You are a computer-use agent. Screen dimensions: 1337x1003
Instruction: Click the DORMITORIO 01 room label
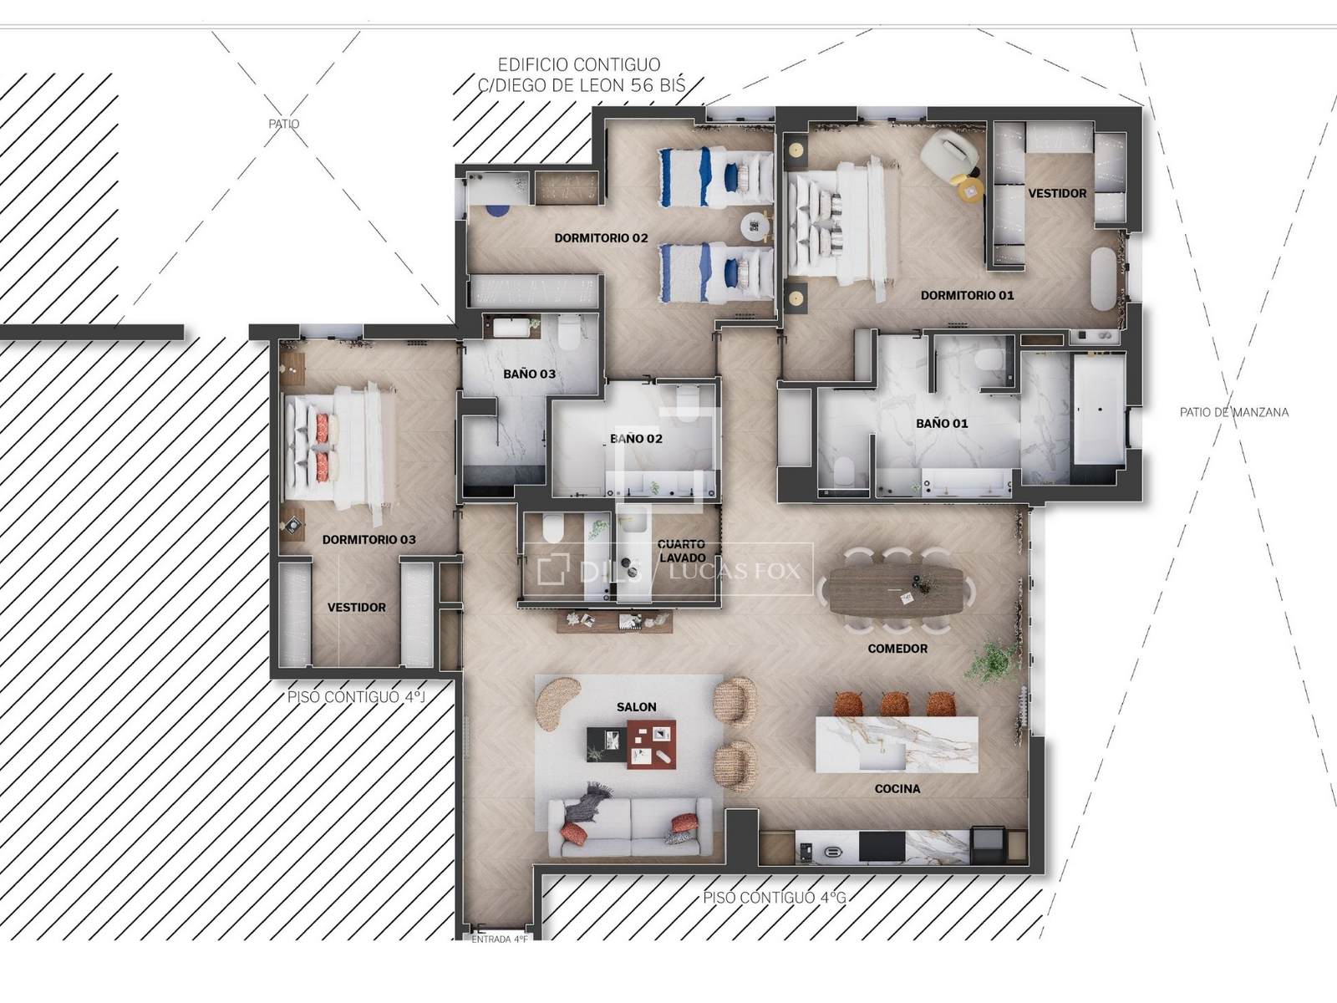[x=967, y=295]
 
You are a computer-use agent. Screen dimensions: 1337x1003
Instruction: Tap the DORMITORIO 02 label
[x=601, y=238]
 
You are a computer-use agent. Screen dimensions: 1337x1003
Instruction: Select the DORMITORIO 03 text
[x=369, y=540]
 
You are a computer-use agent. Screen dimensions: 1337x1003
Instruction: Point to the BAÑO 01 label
[x=942, y=423]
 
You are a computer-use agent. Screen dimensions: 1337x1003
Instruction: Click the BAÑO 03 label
[x=529, y=374]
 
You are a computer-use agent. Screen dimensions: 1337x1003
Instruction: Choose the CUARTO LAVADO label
[x=682, y=551]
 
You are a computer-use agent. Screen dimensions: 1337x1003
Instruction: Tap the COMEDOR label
[x=897, y=649]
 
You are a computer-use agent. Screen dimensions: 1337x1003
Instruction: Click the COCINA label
[x=897, y=789]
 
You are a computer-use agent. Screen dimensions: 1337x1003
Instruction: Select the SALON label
[x=637, y=707]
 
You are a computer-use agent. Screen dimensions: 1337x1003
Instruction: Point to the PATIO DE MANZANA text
[x=1234, y=412]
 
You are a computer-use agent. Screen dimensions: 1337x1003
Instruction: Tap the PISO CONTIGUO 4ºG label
[x=774, y=897]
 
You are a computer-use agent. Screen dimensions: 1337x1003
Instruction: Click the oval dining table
[x=896, y=589]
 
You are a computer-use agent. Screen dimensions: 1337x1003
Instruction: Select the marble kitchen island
[x=897, y=744]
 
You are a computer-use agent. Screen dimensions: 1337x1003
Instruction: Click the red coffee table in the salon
[x=651, y=744]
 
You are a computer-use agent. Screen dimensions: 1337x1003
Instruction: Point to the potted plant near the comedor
[x=993, y=661]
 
